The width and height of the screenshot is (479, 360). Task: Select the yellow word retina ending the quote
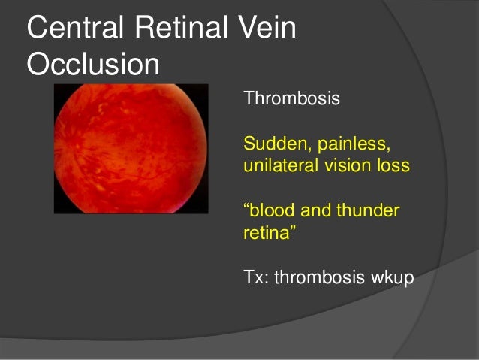[x=266, y=233]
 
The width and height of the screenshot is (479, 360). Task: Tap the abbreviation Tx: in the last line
[x=256, y=277]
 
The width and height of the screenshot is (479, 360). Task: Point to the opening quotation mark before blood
[x=248, y=206]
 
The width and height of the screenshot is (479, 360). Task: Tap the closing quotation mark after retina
[x=292, y=229]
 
